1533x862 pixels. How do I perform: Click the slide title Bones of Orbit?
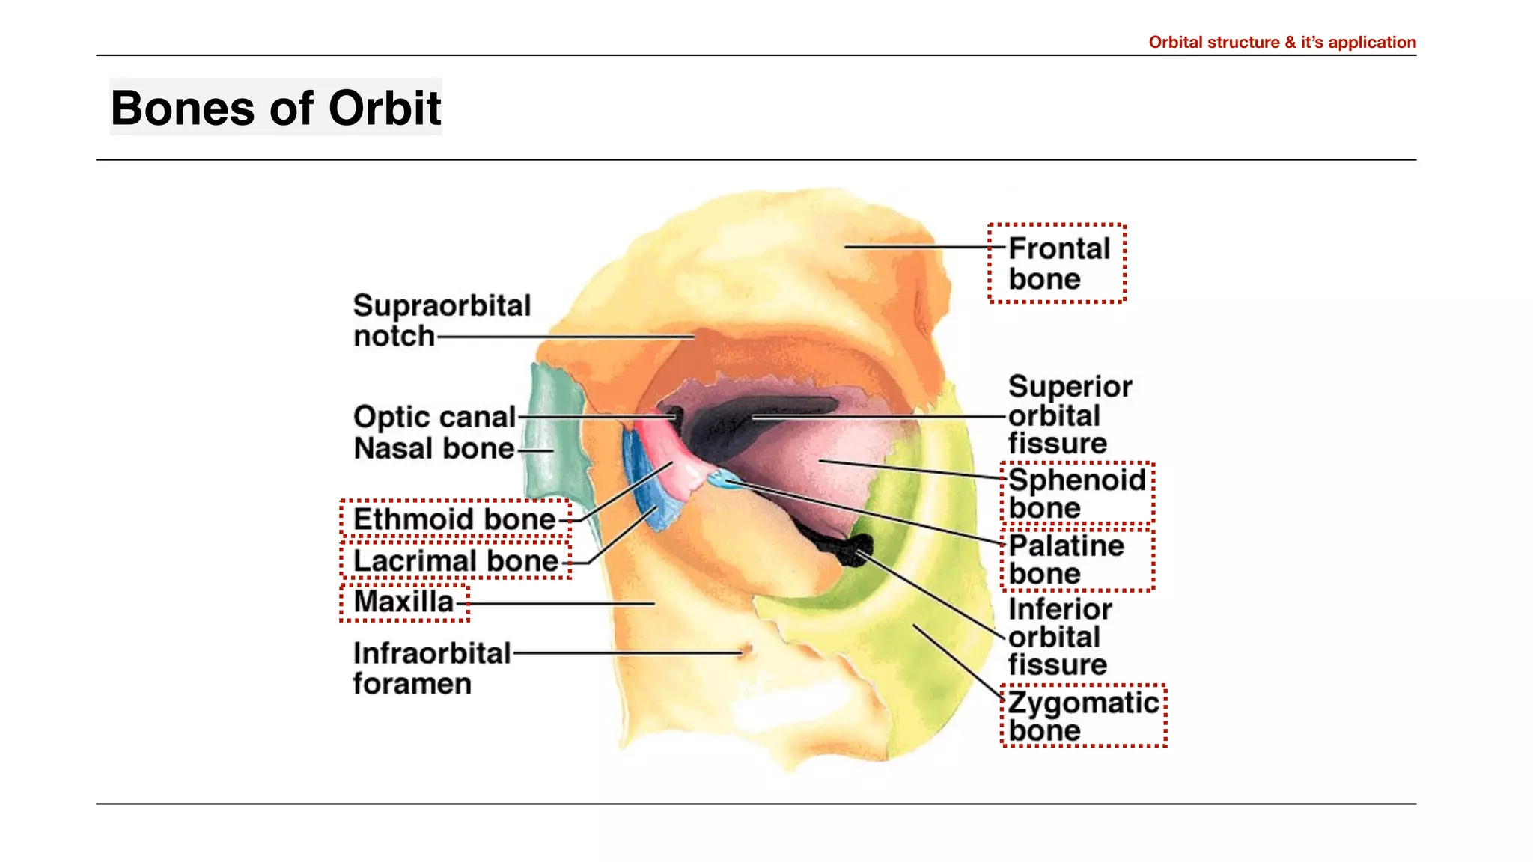tap(275, 108)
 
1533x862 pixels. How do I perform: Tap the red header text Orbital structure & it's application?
tap(1281, 43)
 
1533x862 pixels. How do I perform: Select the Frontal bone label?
tap(1058, 263)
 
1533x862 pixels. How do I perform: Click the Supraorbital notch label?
tap(442, 320)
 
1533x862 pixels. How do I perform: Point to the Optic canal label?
tap(434, 417)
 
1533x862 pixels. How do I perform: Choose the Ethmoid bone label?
tap(454, 519)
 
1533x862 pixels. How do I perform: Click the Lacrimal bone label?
tap(456, 561)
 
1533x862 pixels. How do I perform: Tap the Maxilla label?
tap(403, 602)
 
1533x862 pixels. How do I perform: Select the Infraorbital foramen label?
tap(431, 668)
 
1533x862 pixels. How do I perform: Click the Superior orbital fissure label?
tap(1069, 415)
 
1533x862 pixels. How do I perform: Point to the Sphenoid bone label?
tap(1076, 493)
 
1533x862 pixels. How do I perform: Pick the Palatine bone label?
tap(1066, 560)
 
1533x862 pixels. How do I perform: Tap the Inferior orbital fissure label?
tap(1059, 637)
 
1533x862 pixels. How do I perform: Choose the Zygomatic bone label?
tap(1082, 716)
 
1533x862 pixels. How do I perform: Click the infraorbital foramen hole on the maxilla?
tap(745, 650)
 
